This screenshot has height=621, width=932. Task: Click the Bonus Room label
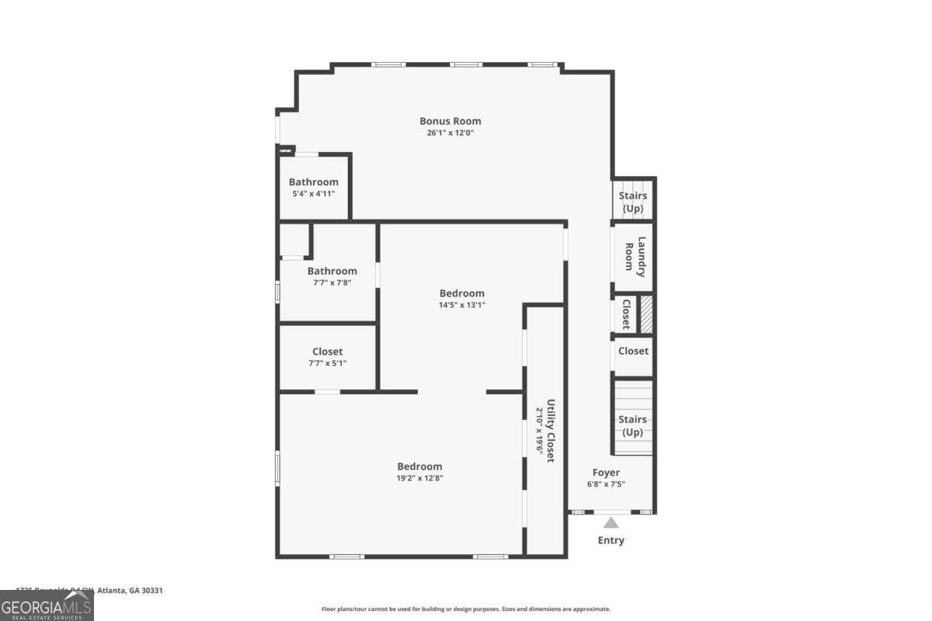coord(450,121)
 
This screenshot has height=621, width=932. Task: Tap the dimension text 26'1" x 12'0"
coord(450,133)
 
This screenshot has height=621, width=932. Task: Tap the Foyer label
coord(606,472)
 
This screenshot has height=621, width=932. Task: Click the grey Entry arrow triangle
coord(611,523)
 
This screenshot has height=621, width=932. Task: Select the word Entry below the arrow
coord(610,540)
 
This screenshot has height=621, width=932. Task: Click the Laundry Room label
coord(635,257)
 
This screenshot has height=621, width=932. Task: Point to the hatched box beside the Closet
coord(645,314)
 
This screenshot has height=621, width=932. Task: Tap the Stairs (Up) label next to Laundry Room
coord(632,202)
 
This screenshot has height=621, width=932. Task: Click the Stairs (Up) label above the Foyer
coord(632,425)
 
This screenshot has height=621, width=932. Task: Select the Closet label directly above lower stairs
coord(633,351)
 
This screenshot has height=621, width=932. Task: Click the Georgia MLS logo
coord(47,605)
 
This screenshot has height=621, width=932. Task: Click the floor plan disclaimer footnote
coord(465,609)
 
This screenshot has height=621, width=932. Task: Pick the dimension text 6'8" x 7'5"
coord(606,484)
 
